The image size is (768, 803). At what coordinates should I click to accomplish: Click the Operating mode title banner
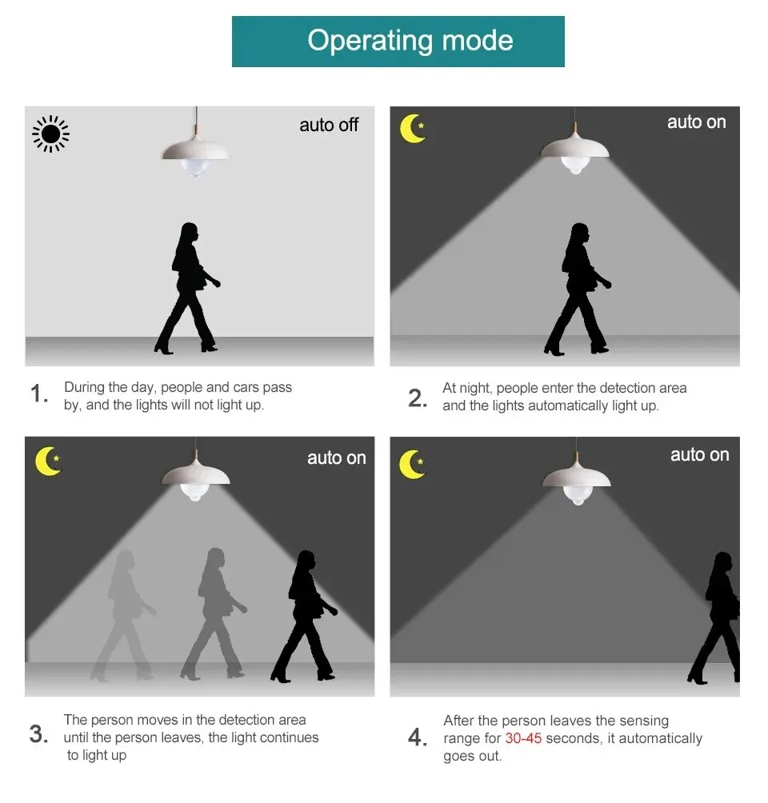(398, 41)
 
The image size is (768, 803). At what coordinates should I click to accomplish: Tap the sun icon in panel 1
(50, 133)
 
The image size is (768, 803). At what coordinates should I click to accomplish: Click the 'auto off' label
(329, 125)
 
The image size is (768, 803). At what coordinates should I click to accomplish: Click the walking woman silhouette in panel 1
(189, 288)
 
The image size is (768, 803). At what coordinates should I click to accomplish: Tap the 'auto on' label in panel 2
(696, 122)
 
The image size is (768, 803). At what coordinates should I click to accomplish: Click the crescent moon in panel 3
(48, 461)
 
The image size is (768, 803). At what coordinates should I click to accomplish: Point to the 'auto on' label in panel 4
(699, 455)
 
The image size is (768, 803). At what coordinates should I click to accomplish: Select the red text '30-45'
(523, 738)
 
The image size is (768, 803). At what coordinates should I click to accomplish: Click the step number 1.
(39, 394)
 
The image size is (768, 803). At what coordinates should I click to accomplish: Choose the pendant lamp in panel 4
(576, 477)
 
